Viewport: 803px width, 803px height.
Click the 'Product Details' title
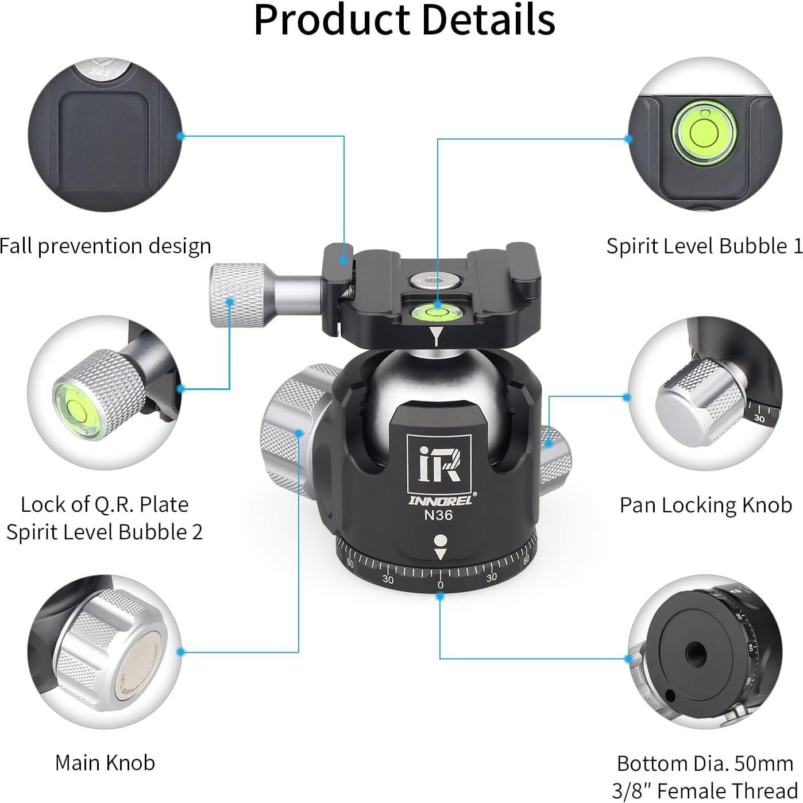tap(404, 20)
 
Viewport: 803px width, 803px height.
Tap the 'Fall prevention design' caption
tap(106, 246)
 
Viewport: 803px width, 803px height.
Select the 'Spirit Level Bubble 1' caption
tap(704, 246)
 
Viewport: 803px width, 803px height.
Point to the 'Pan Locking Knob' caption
tap(705, 505)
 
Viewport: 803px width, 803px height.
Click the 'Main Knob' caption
tap(105, 763)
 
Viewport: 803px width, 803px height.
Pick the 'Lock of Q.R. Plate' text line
tap(105, 504)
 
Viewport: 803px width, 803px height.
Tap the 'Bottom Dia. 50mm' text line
tap(705, 763)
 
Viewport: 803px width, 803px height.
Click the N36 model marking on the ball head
tap(438, 515)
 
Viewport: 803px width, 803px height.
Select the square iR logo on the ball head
tap(439, 465)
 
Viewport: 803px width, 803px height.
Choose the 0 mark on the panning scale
tap(440, 585)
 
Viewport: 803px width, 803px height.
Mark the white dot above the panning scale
tap(440, 541)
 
